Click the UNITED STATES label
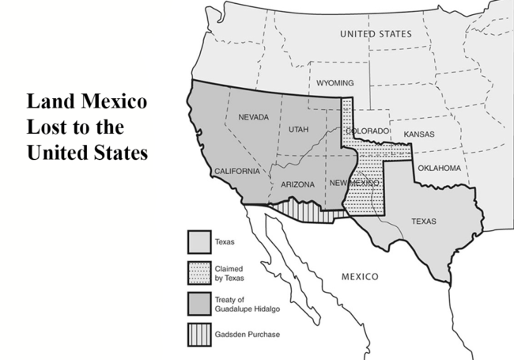click(376, 34)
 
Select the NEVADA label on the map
click(253, 117)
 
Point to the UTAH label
click(299, 128)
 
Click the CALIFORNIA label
click(236, 171)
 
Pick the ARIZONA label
click(297, 184)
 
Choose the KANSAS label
click(418, 135)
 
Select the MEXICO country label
click(360, 277)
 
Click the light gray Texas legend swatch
click(198, 240)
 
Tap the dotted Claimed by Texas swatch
click(198, 271)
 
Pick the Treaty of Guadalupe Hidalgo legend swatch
click(198, 302)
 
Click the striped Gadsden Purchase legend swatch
click(198, 333)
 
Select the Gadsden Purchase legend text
click(248, 334)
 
